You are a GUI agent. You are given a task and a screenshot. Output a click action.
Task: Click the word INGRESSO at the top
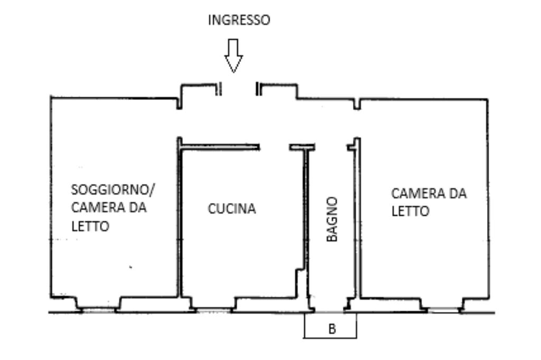(239, 20)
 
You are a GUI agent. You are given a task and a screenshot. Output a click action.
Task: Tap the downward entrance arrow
(234, 56)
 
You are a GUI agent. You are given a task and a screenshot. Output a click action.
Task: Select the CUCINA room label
(232, 208)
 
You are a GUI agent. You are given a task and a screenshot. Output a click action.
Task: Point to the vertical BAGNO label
(332, 219)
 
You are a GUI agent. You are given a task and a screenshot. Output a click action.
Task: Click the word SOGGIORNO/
(113, 189)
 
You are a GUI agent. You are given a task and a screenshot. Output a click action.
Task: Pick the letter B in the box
(332, 329)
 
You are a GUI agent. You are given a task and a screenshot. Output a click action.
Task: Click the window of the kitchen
(214, 310)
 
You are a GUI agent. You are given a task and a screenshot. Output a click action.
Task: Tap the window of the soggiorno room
(99, 310)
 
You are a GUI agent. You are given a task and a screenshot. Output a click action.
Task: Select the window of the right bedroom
(444, 310)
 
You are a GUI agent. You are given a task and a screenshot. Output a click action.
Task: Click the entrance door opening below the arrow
(238, 89)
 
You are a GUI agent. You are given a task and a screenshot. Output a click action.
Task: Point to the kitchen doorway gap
(274, 147)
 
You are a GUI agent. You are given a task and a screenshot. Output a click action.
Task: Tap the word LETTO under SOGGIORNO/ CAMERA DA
(90, 226)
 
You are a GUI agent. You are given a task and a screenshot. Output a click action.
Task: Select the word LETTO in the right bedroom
(410, 211)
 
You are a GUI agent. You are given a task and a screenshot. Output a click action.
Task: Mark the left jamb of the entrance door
(218, 89)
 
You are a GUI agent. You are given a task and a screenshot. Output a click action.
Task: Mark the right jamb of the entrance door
(258, 89)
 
